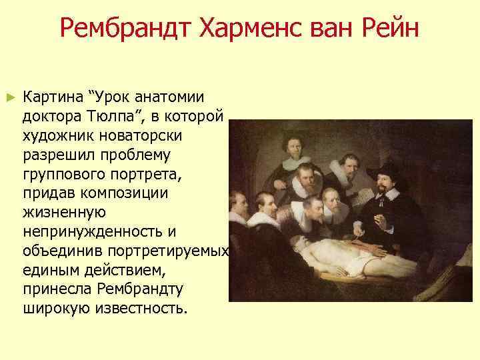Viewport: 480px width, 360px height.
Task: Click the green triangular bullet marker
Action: tap(9, 97)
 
